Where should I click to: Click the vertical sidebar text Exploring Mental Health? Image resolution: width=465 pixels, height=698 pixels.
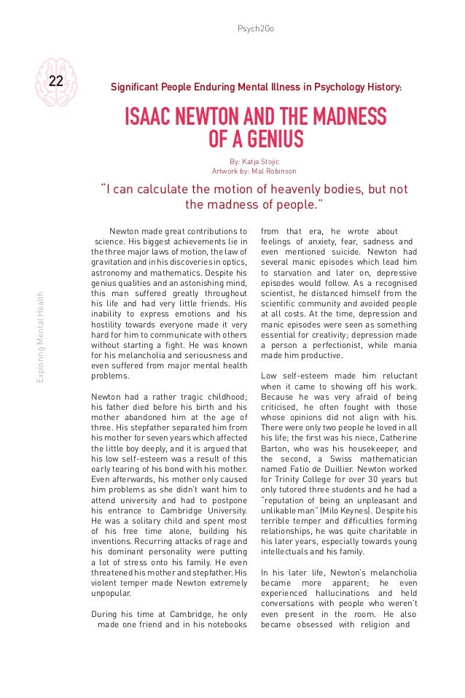click(x=47, y=336)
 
